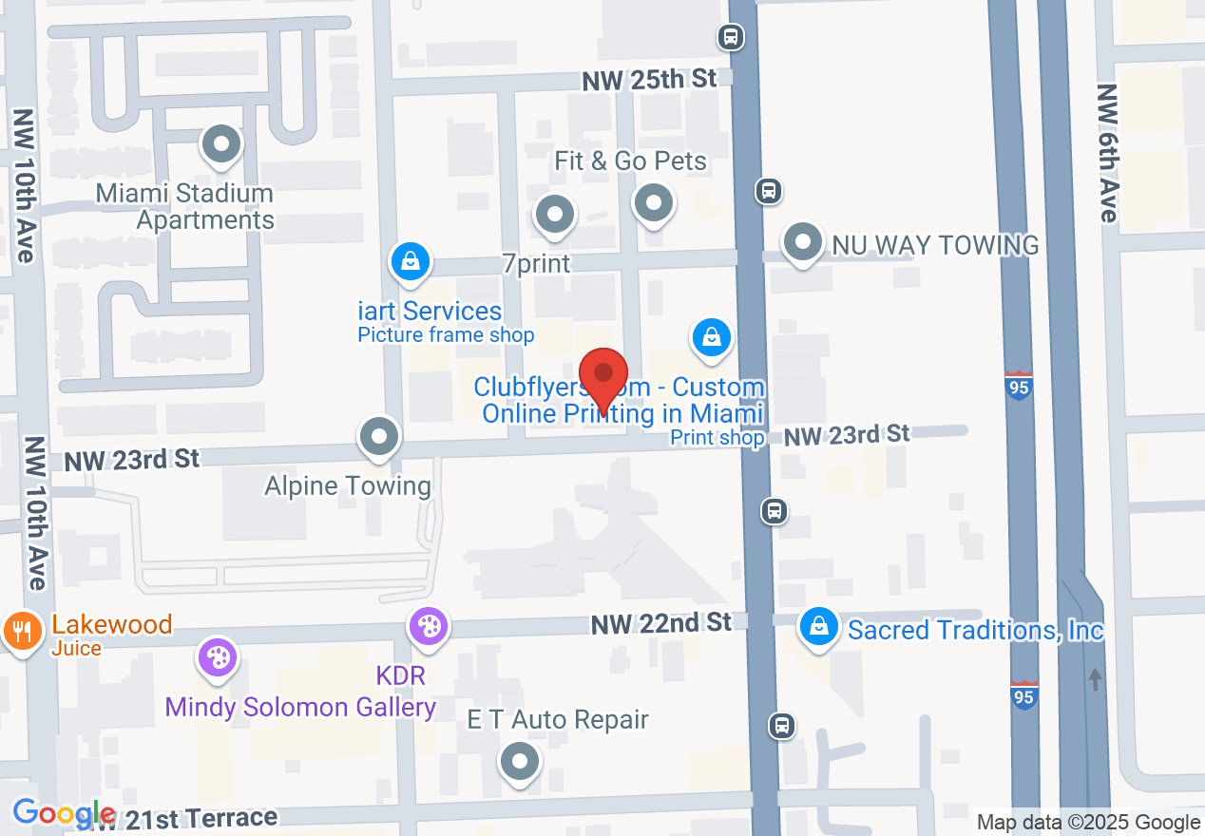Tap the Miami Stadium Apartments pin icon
point(221,145)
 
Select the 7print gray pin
point(554,216)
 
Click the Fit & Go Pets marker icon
point(653,202)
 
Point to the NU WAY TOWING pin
point(803,241)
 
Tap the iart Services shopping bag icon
point(410,260)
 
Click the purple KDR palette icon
point(429,627)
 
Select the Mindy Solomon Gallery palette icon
point(218,657)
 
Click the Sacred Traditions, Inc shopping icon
point(817,627)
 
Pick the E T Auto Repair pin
point(520,762)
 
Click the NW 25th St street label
point(650,81)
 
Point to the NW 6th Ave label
point(1107,152)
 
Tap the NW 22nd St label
point(661,623)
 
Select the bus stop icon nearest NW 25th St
point(730,37)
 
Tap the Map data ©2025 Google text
point(1089,823)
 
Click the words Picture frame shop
point(446,335)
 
